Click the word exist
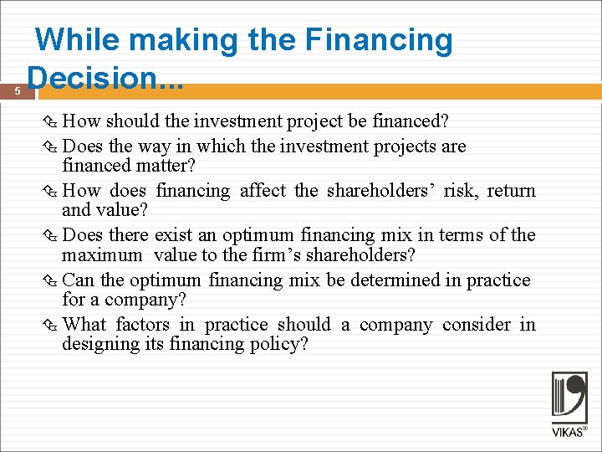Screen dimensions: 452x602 click(174, 235)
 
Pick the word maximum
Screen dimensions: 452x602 click(102, 254)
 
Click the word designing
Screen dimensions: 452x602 click(101, 343)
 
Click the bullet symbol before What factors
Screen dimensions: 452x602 click(54, 325)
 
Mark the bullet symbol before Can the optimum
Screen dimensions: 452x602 click(54, 280)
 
